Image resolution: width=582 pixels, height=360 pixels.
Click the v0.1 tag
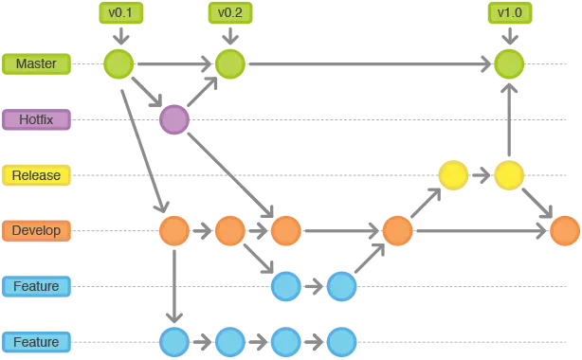119,13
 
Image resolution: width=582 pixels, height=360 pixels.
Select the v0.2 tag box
229,13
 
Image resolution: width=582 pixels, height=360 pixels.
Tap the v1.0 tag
510,13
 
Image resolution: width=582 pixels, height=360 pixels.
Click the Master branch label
37,64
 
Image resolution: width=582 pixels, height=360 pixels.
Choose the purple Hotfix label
37,119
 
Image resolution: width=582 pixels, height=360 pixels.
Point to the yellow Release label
37,175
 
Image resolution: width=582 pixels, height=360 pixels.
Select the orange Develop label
37,230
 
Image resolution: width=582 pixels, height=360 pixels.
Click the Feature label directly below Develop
37,286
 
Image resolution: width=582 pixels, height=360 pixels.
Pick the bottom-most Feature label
37,342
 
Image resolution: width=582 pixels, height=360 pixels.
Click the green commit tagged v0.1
118,64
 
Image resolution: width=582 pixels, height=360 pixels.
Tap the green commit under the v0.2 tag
230,64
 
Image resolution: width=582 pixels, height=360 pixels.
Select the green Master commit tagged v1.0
510,64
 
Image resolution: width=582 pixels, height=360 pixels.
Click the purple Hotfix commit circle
173,119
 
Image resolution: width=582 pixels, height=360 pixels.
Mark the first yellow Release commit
454,175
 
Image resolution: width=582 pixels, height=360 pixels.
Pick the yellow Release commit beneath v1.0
510,175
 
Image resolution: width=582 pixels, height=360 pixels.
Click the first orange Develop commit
174,230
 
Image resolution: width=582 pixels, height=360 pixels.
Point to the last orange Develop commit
565,230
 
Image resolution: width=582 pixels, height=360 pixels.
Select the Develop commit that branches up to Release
397,230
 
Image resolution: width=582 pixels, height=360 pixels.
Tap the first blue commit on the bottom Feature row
174,342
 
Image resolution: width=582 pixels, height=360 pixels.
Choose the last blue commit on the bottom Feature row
341,342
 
